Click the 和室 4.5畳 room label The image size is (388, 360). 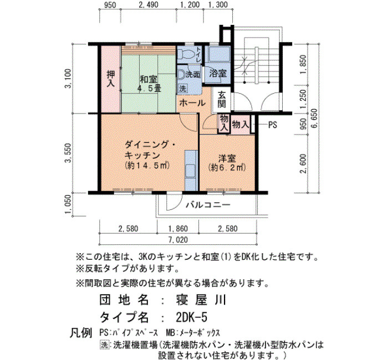[149, 84]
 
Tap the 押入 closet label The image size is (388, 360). [111, 79]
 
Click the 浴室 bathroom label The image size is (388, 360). [218, 73]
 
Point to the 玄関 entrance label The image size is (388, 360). [222, 99]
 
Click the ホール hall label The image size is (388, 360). [192, 103]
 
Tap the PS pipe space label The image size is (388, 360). [273, 125]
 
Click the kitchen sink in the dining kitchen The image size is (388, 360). [191, 171]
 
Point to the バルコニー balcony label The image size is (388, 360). [208, 205]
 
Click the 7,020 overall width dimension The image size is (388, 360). [178, 240]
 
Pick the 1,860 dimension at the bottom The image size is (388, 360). [178, 228]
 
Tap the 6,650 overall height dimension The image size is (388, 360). [315, 119]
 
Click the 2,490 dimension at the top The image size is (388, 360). [149, 4]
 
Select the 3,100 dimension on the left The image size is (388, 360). [69, 79]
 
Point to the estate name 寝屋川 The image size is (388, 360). [201, 300]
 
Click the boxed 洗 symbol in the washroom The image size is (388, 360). [182, 89]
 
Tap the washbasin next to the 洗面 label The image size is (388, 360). [181, 74]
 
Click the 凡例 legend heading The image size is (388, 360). [81, 332]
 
